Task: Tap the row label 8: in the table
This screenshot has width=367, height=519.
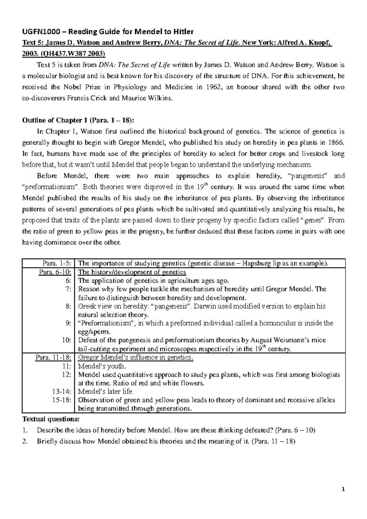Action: pos(69,306)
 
